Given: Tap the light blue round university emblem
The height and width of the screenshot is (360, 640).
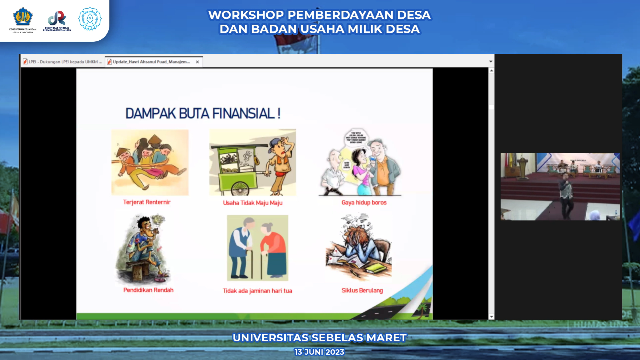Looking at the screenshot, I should click(x=90, y=19).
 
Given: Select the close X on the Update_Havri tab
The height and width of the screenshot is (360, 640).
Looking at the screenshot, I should click(x=197, y=62).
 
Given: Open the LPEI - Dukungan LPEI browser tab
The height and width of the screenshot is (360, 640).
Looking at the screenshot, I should click(x=63, y=62).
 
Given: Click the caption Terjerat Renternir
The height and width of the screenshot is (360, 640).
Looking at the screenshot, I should click(x=147, y=202).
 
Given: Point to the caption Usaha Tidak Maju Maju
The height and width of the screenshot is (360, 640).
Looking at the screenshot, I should click(x=252, y=203).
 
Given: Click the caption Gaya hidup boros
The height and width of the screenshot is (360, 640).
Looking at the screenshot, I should click(x=364, y=203).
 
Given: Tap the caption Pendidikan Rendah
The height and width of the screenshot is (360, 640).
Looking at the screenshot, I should click(x=148, y=290).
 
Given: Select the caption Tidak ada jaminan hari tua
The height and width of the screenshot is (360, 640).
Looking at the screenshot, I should click(x=257, y=291).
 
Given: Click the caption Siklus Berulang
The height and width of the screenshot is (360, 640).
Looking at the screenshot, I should click(x=362, y=291).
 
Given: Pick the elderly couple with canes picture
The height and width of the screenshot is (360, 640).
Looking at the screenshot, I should click(x=257, y=248).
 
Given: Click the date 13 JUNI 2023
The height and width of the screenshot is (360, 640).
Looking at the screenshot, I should click(x=319, y=352).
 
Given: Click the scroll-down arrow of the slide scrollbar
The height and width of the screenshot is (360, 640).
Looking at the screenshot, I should click(x=491, y=317).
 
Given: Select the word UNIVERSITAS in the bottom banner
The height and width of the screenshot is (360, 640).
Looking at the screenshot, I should click(x=270, y=338).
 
